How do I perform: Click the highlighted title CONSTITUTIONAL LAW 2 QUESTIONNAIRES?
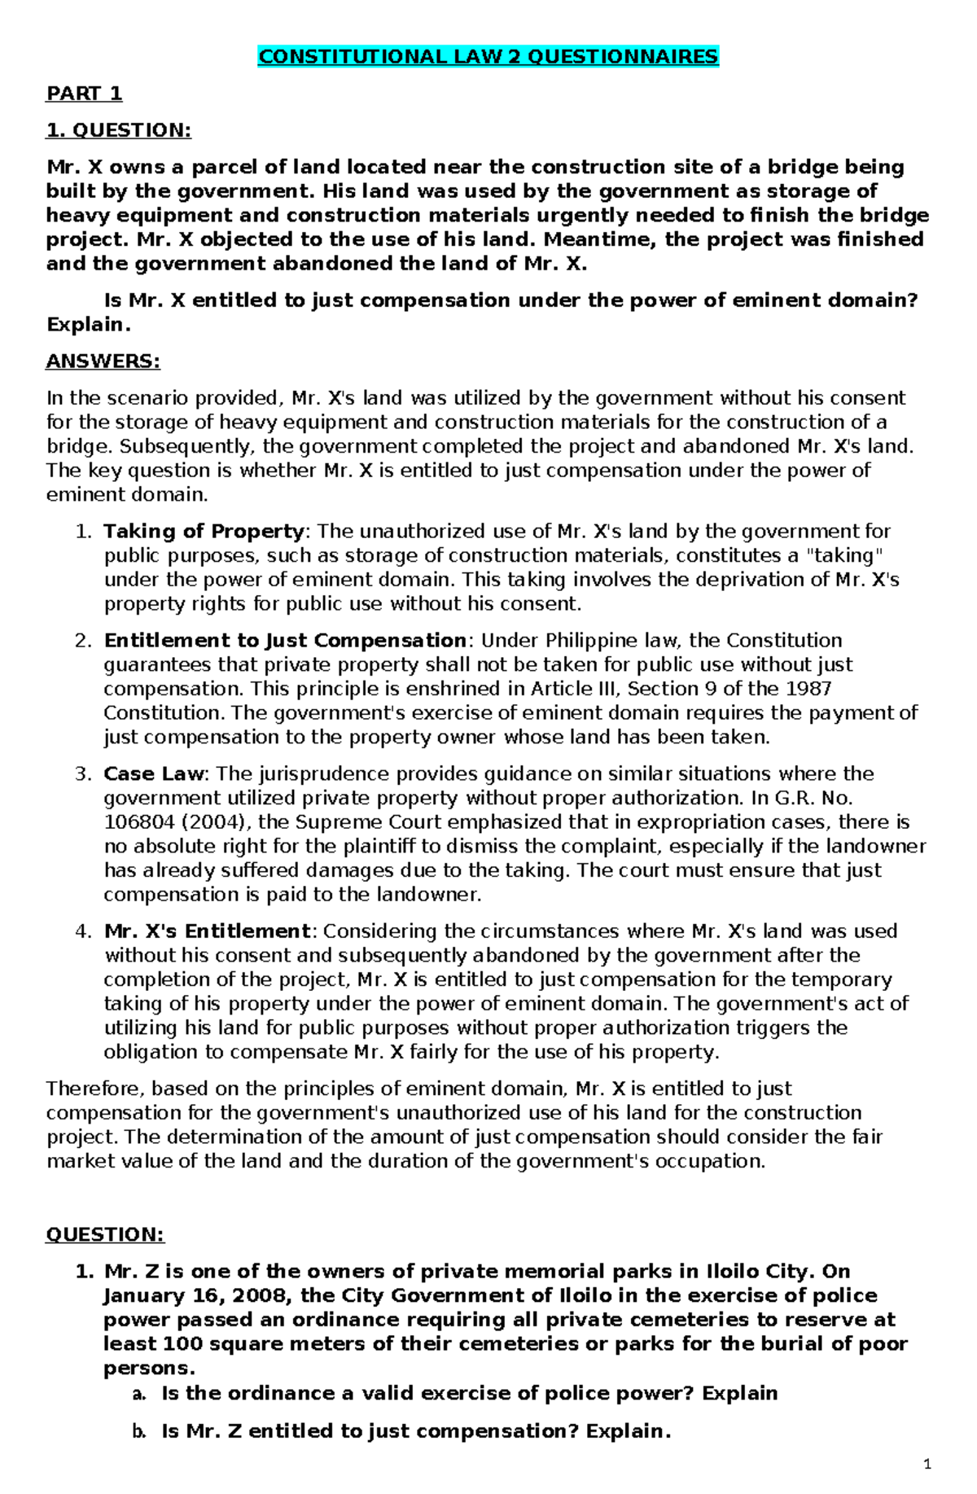point(488,57)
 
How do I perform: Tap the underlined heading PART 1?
point(84,94)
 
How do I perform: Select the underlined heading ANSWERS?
point(103,361)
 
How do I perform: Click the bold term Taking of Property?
point(204,532)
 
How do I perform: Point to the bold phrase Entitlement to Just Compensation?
point(285,641)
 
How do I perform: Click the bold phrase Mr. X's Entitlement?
point(207,931)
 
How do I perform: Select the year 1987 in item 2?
point(808,689)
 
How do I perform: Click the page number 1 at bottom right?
point(927,1466)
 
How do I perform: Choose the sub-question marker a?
point(139,1394)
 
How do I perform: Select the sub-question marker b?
point(139,1432)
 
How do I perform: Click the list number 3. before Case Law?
point(84,773)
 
